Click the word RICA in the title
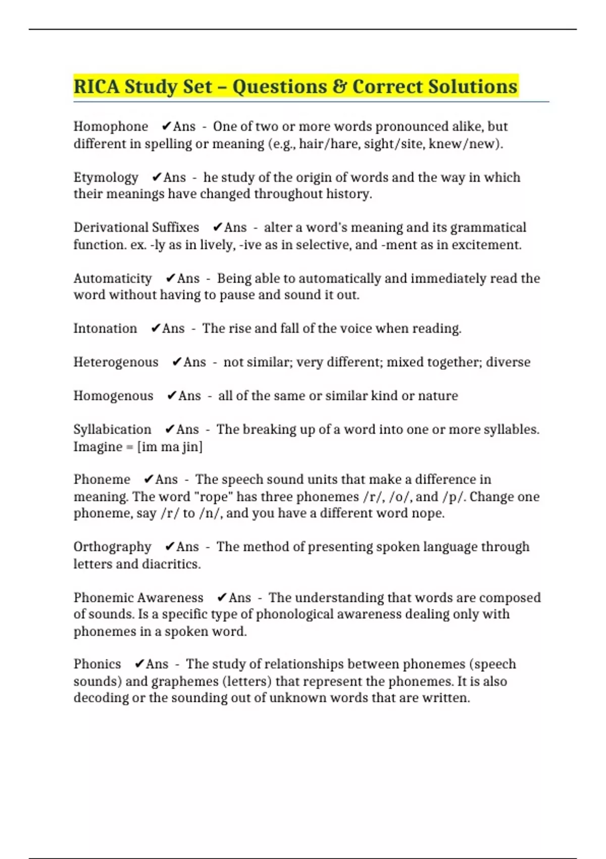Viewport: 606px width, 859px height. tap(96, 86)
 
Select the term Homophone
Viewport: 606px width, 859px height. tap(111, 126)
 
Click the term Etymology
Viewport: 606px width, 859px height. tap(106, 177)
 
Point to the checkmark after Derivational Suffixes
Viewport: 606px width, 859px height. tap(218, 227)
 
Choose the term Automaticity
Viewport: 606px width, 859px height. tap(113, 278)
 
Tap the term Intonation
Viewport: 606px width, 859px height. tap(105, 328)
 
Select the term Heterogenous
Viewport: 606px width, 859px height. tap(116, 362)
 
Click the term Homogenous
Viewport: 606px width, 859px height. tap(113, 396)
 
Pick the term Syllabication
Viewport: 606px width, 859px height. tap(112, 429)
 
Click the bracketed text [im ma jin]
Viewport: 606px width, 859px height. tap(170, 447)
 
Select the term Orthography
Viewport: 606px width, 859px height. tap(112, 547)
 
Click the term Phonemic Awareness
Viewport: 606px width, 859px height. tap(138, 598)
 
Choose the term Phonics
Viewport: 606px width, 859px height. tap(97, 664)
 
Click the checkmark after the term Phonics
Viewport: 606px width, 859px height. tap(140, 664)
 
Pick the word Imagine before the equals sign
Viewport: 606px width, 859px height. tap(98, 447)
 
